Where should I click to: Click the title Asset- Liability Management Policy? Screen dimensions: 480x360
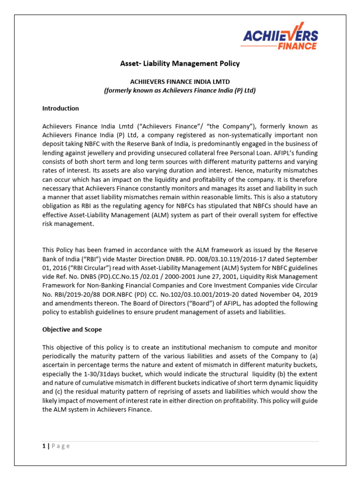(x=180, y=63)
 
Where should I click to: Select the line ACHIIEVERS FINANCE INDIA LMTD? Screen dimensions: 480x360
(x=180, y=82)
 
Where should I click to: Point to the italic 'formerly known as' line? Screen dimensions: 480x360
(x=180, y=90)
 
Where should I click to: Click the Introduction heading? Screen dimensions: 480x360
(x=60, y=108)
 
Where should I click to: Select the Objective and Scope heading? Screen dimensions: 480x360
(x=72, y=330)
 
